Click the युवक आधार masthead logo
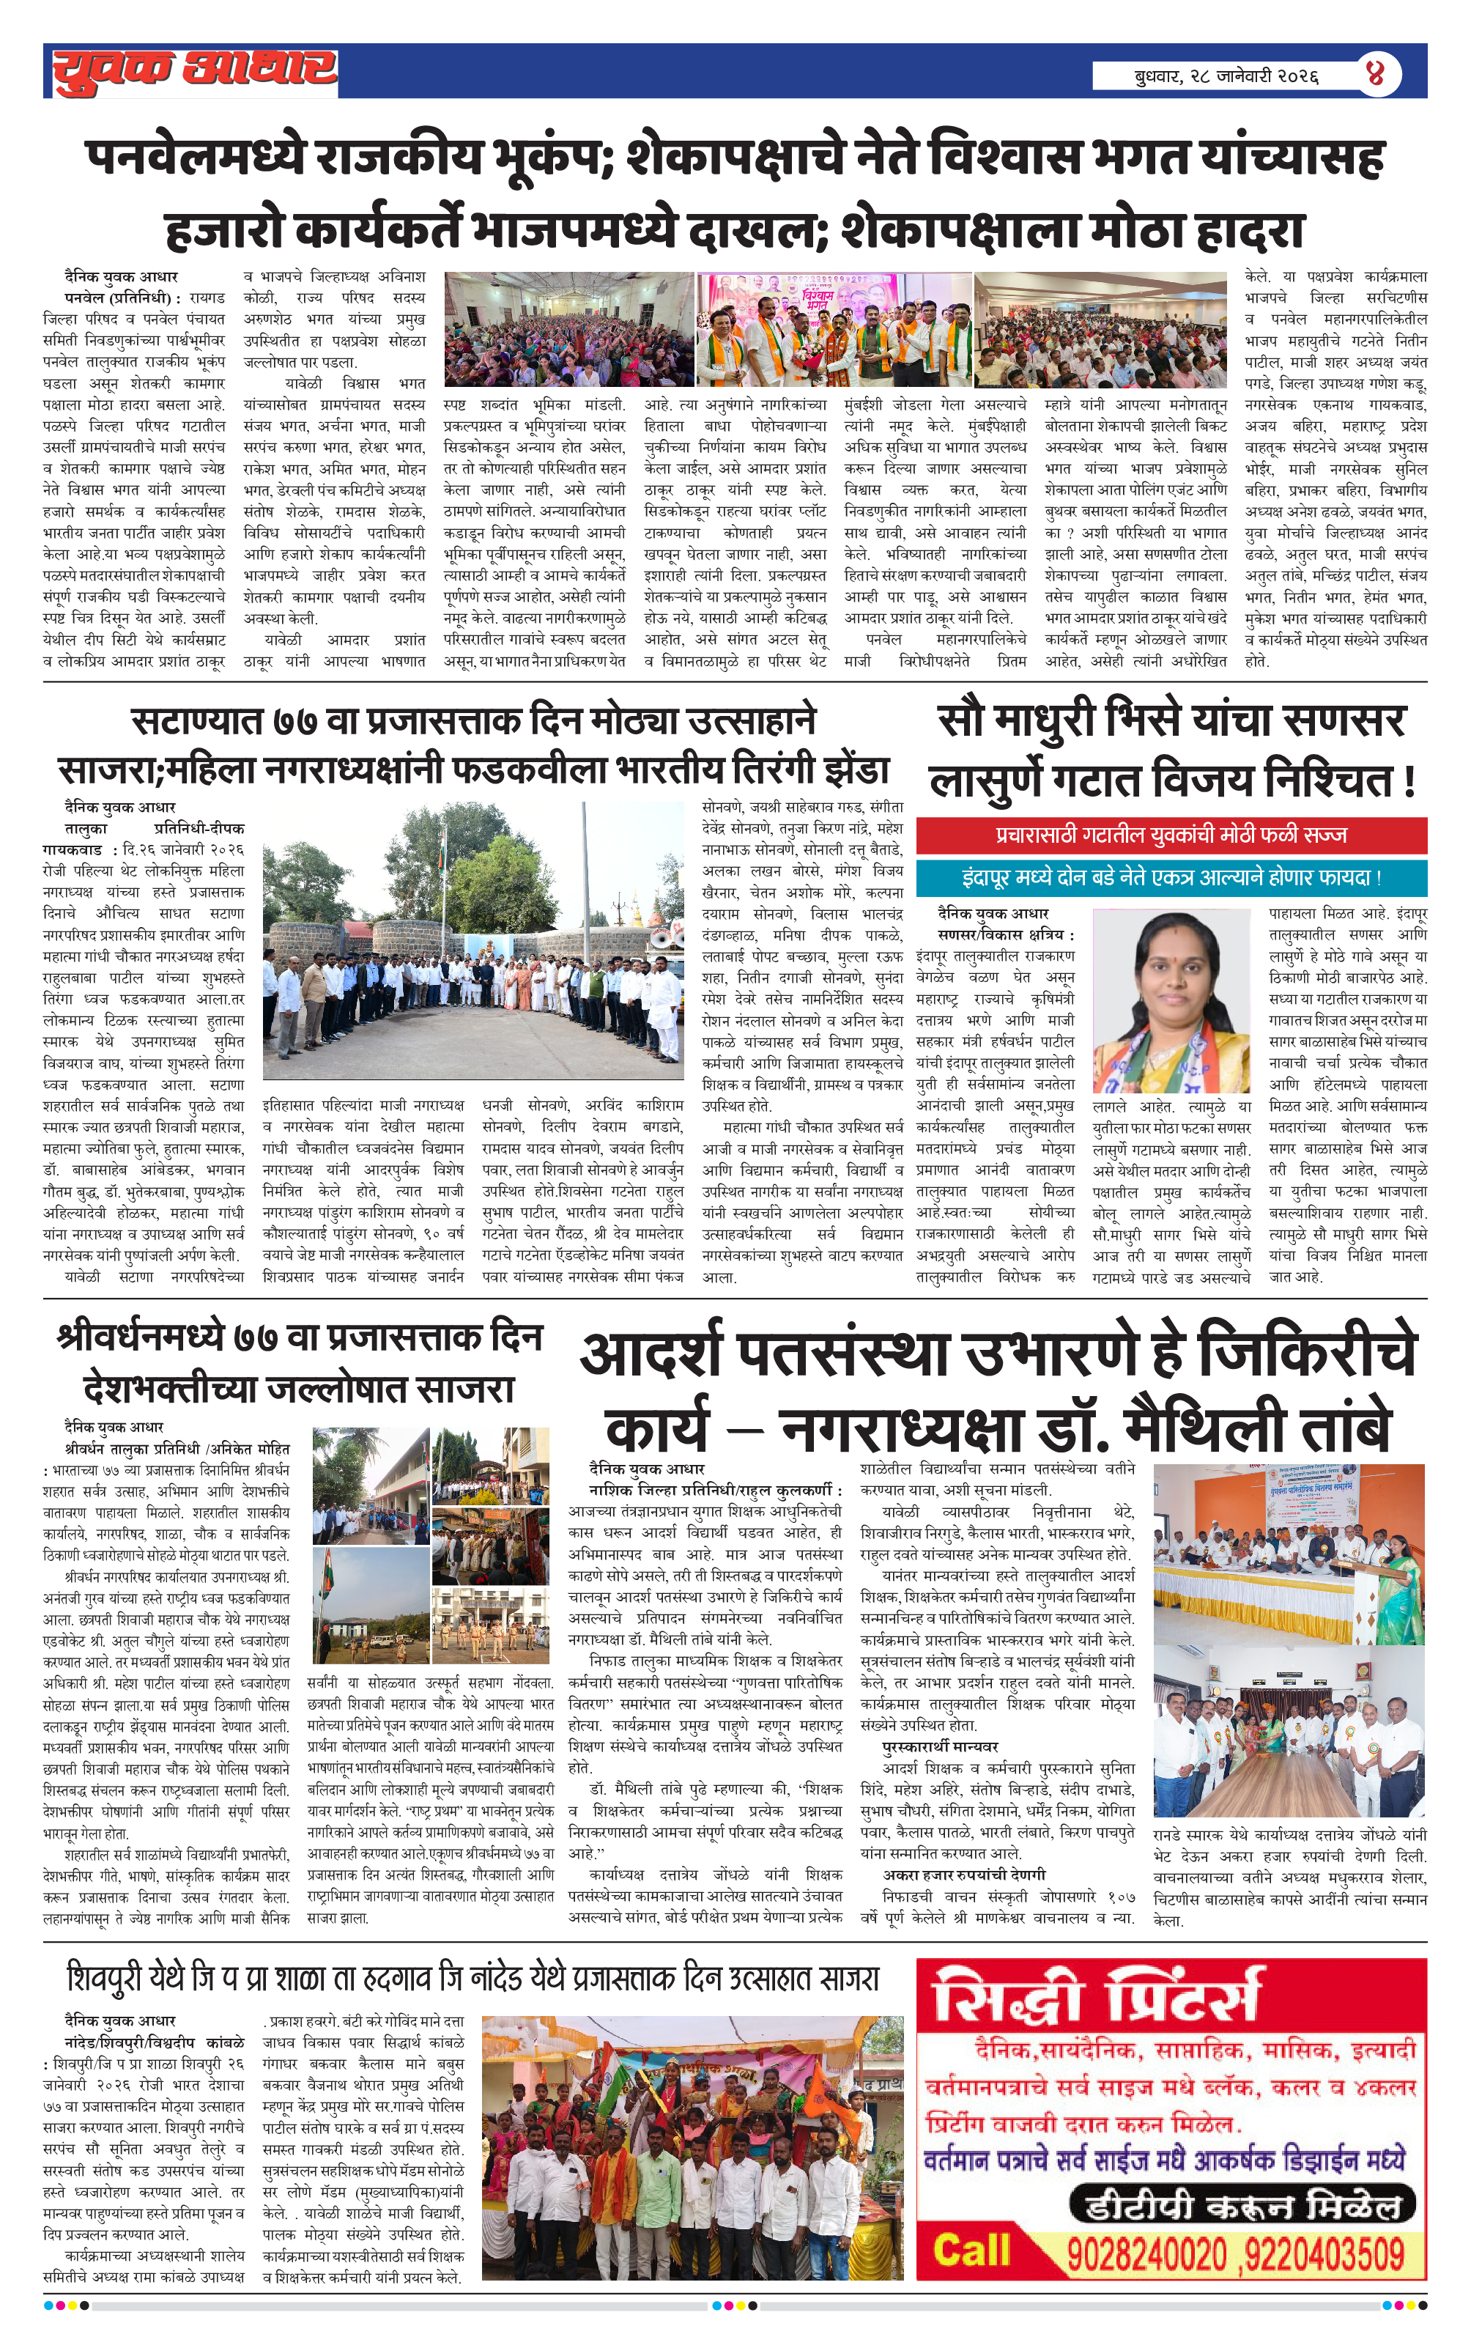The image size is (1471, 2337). click(194, 72)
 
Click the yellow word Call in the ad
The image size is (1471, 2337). click(971, 2251)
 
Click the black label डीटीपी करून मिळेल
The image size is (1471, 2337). click(1242, 2206)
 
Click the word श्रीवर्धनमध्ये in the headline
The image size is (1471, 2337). click(144, 1337)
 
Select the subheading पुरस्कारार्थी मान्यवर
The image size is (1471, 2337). click(939, 1747)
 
